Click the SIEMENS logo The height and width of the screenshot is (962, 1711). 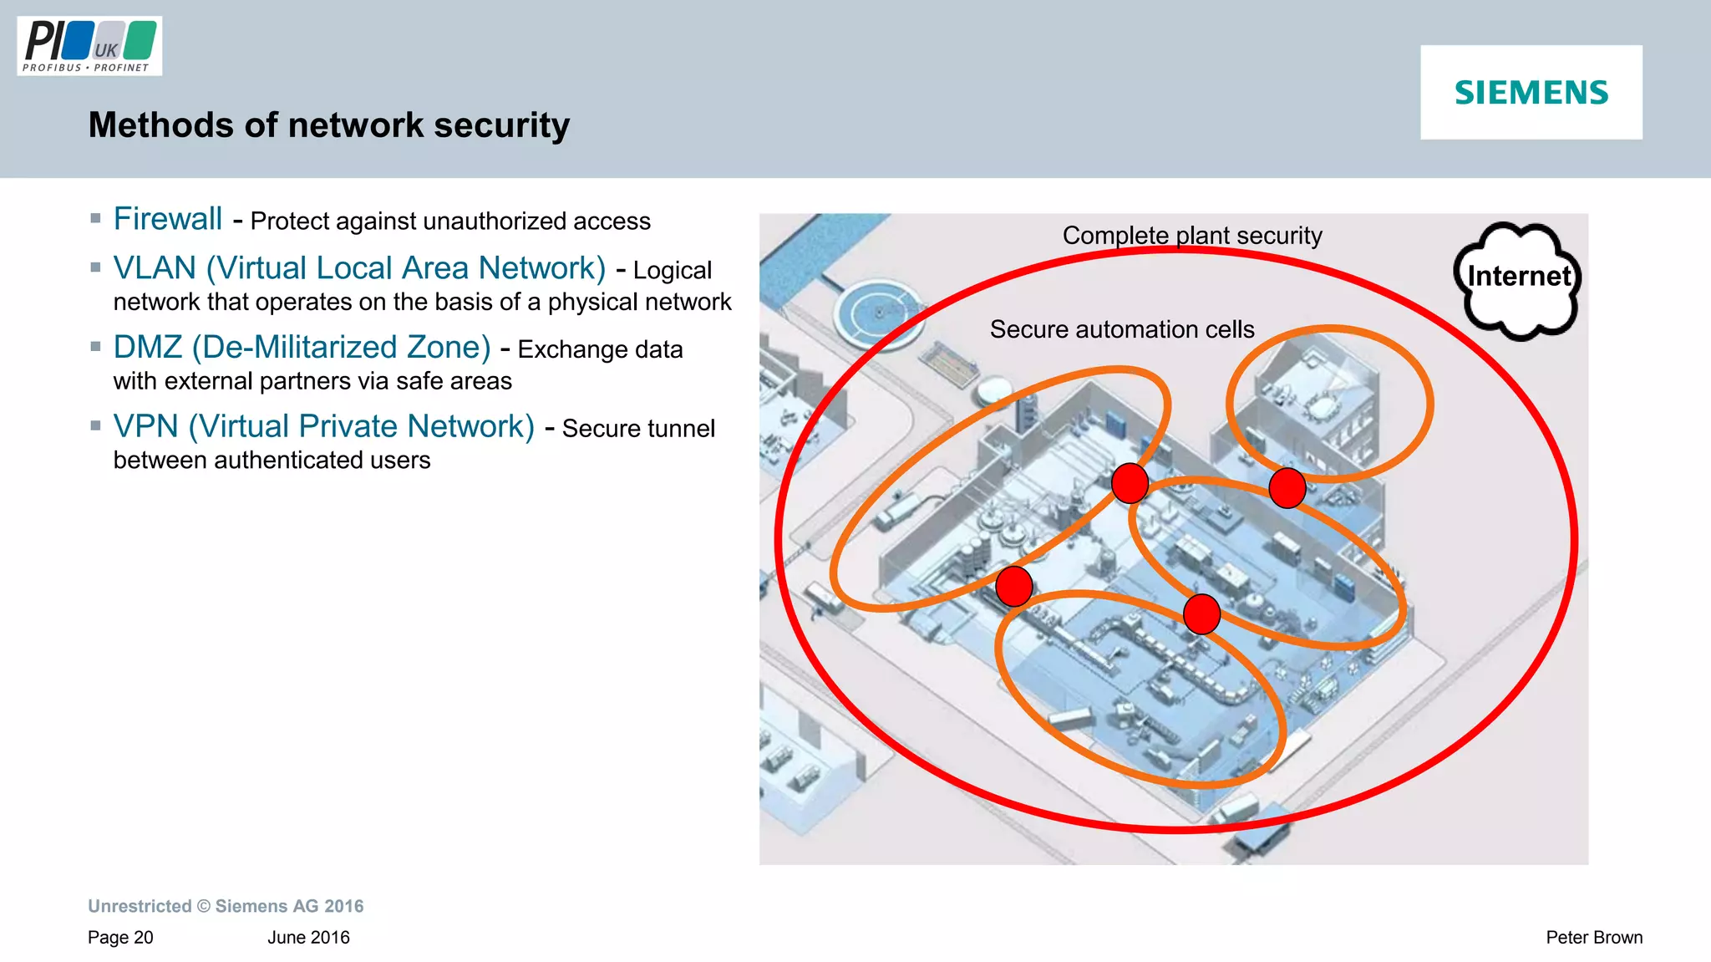(x=1531, y=92)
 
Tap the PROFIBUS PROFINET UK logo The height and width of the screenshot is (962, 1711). (x=89, y=46)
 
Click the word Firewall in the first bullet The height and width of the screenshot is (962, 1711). (x=168, y=219)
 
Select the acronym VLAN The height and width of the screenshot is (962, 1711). (x=155, y=268)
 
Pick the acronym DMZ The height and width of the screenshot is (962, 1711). (x=148, y=347)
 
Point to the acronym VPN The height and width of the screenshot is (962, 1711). (x=146, y=426)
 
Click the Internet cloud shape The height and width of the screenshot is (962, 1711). (x=1518, y=279)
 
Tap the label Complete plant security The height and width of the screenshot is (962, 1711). (x=1191, y=236)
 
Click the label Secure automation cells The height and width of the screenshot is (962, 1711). (x=1121, y=329)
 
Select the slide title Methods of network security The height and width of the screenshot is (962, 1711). (x=329, y=125)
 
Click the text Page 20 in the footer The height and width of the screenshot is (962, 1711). (x=120, y=938)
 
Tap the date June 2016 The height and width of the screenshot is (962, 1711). (x=308, y=938)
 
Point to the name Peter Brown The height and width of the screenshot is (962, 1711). (x=1593, y=938)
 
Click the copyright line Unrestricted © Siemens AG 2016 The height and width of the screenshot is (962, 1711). (x=226, y=906)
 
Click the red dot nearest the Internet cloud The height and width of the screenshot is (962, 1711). (x=1287, y=488)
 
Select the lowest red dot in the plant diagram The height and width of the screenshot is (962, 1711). (x=1201, y=614)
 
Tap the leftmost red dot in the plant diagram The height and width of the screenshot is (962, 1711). (x=1014, y=586)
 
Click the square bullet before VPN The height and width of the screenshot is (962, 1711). (x=95, y=425)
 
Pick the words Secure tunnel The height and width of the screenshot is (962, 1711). (x=638, y=429)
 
